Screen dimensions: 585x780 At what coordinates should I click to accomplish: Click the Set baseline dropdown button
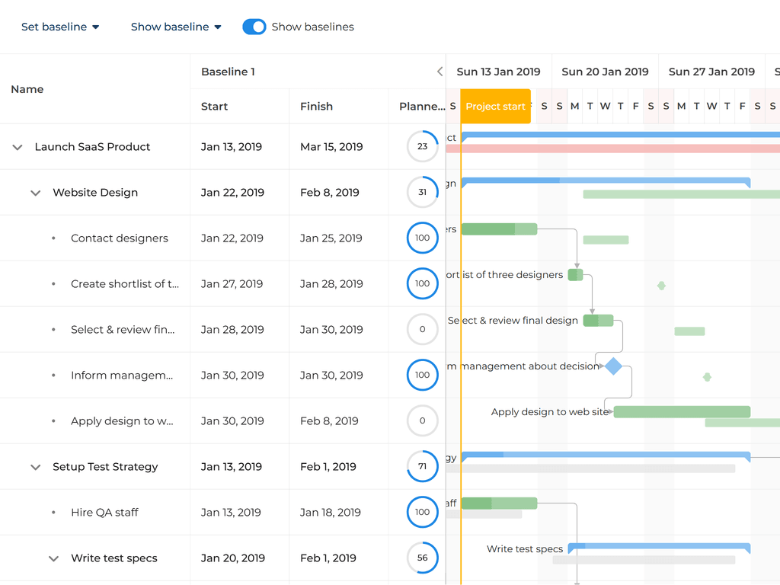tap(60, 27)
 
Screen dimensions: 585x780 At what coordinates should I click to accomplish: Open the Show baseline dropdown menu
tap(176, 27)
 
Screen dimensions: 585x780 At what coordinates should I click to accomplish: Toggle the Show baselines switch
tap(254, 27)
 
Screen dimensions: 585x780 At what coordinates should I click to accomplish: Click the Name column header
tap(27, 89)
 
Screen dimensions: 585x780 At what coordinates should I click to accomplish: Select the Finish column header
tap(316, 107)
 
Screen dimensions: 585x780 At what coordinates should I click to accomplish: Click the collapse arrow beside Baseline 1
tap(440, 72)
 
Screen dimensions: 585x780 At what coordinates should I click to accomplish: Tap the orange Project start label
tap(495, 107)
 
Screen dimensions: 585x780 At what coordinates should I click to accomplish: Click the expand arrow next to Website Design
tap(35, 193)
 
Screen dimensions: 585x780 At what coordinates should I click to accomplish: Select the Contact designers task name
tap(120, 238)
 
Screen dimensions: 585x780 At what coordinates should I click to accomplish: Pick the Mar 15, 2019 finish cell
tap(331, 147)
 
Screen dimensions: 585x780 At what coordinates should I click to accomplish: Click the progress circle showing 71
tap(423, 466)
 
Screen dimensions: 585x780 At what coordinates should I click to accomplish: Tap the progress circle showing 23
tap(423, 146)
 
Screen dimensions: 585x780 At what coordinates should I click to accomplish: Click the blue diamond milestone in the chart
tap(613, 366)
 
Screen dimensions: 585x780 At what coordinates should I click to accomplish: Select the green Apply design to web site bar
tap(682, 412)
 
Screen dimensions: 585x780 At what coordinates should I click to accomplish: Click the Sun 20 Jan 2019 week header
tap(605, 72)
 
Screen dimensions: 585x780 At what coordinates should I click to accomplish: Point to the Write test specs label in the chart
tap(525, 549)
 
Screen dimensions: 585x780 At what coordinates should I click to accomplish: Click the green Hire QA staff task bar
tap(499, 503)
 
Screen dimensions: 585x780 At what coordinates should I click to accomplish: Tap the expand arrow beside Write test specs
tap(53, 558)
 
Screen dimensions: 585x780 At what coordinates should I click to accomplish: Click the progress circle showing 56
tap(423, 558)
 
